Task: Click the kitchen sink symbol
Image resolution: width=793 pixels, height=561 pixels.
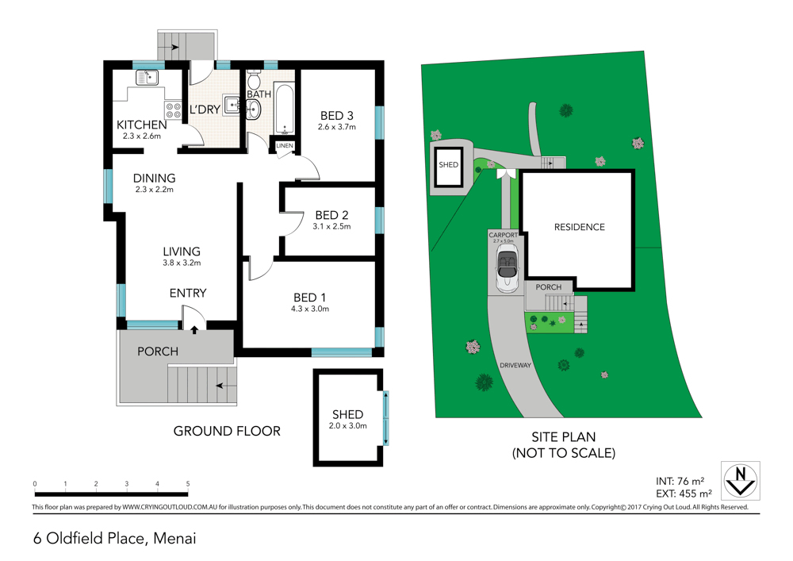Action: tap(147, 77)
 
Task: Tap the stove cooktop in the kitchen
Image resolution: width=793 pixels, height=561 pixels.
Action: tap(173, 110)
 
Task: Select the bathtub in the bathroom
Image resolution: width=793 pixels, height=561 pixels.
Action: tap(284, 109)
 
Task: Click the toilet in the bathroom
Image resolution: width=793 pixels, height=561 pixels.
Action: tap(254, 81)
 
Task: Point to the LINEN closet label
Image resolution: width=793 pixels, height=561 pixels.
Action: tap(285, 146)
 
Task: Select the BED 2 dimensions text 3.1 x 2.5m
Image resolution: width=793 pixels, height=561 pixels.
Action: tap(332, 226)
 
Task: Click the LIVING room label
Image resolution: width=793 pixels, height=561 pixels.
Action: tap(182, 252)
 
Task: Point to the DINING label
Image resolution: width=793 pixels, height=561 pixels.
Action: tap(154, 178)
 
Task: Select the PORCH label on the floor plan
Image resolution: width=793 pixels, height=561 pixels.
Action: tap(158, 351)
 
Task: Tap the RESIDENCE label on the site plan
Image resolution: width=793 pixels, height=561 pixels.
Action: tap(579, 227)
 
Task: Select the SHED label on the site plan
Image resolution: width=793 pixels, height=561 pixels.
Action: tap(449, 165)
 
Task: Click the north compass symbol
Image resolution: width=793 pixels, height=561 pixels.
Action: tap(741, 480)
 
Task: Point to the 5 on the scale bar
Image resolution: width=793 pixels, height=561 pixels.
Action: tap(188, 483)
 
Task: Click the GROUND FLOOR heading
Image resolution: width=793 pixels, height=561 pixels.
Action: tap(227, 431)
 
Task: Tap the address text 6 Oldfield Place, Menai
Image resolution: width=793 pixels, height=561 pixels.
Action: tap(114, 538)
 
